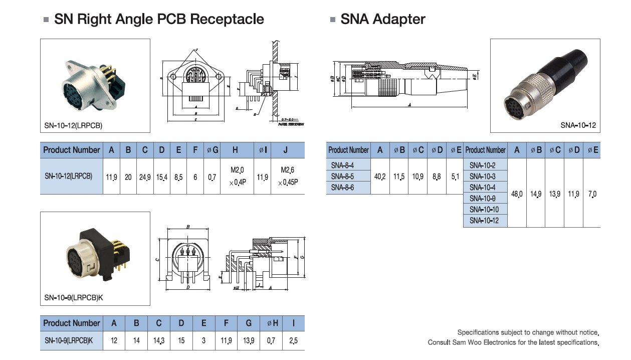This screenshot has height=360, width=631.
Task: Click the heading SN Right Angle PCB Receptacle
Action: point(159,19)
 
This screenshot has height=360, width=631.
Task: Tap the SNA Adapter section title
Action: point(382,19)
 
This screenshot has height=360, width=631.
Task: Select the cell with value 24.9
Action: point(145,177)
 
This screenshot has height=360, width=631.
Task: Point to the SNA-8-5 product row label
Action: point(342,176)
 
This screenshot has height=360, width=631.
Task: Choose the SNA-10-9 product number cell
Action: point(483,199)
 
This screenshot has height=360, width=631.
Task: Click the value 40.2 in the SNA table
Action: point(380,176)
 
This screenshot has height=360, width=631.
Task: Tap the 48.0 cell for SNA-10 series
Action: point(516,194)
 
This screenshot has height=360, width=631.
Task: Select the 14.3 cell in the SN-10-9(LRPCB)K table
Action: point(159,341)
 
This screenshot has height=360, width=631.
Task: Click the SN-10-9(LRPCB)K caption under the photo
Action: point(74,298)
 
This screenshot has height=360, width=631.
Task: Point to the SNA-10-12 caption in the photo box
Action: point(578,125)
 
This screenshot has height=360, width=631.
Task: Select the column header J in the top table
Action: point(285,150)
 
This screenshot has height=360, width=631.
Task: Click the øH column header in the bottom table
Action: point(272,323)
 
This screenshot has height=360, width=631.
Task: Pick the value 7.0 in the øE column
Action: point(592,194)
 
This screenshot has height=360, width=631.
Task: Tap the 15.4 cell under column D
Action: point(161,177)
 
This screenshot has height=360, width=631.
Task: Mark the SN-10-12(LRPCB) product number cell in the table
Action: point(68,176)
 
